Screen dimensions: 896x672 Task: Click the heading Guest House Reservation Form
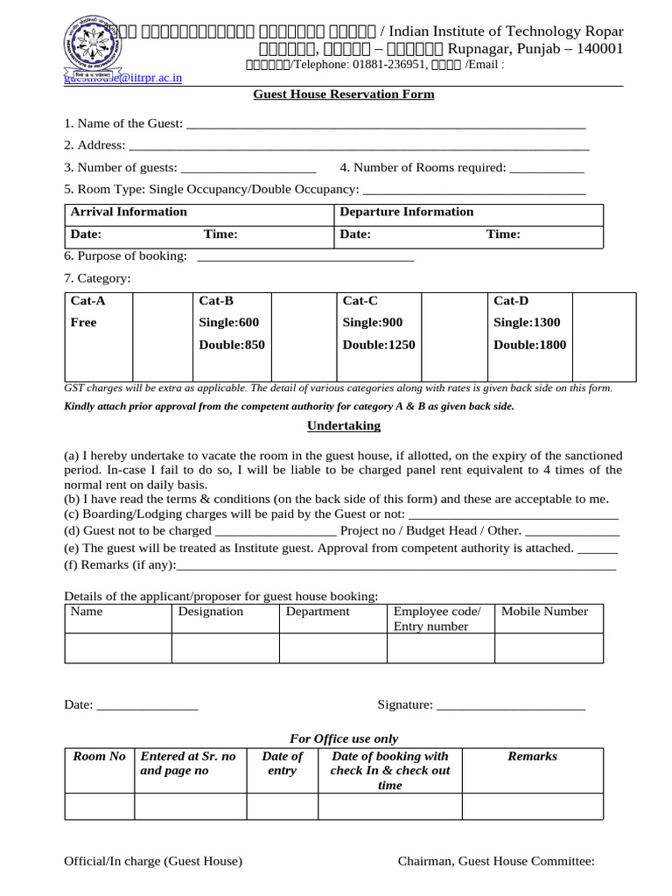pos(343,94)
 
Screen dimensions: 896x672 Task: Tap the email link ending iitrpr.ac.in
pos(123,78)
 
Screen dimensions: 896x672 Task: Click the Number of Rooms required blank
pos(546,169)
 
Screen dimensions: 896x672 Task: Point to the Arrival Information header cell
pos(129,212)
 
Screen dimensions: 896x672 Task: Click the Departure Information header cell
pos(407,212)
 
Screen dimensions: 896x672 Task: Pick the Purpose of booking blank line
pos(305,257)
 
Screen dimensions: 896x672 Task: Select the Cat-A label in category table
pos(83,301)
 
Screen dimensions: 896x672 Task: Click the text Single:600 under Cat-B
pos(229,323)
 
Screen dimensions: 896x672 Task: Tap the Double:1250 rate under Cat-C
pos(379,345)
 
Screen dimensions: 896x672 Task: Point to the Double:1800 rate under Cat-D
pos(529,345)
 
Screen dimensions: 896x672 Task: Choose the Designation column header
pos(211,612)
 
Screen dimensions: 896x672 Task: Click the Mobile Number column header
pos(544,612)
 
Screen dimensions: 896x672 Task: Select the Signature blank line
pos(510,705)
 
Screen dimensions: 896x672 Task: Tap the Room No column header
pos(99,757)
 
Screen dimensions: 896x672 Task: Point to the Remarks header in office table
pos(532,757)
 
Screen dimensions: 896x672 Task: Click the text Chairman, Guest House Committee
pos(496,862)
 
